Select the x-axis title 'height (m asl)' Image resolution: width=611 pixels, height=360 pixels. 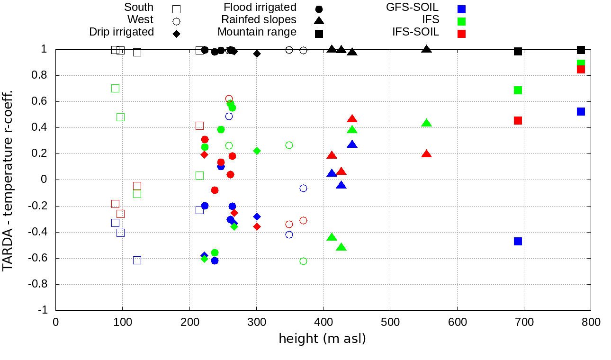point(322,339)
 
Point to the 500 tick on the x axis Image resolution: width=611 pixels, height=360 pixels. point(390,322)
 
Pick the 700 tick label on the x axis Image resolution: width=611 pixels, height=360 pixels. point(524,322)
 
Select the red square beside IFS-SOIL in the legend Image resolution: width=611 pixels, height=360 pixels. point(462,34)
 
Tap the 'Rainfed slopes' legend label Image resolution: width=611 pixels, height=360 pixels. point(259,20)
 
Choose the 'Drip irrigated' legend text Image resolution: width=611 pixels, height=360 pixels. point(121,32)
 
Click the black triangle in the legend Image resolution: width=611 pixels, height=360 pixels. point(319,20)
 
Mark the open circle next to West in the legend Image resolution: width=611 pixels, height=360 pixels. point(176,21)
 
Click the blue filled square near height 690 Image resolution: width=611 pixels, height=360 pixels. point(518,241)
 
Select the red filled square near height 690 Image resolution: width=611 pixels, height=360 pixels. point(518,120)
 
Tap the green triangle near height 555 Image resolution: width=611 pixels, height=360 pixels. point(426,123)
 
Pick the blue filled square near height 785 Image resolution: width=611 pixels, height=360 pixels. point(581,111)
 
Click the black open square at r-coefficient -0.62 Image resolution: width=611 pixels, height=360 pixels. point(137,260)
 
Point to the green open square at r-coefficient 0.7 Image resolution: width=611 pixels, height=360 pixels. point(115,88)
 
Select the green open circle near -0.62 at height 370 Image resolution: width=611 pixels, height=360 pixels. point(303,261)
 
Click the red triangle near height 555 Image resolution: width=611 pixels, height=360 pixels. point(426,154)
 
